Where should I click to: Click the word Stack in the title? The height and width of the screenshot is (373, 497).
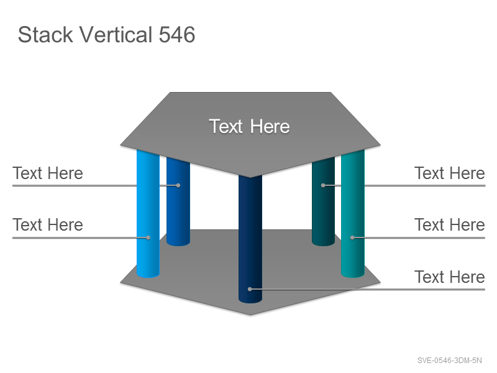click(45, 35)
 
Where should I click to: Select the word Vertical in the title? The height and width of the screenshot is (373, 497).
click(116, 35)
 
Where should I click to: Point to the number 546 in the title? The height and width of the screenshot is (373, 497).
click(177, 35)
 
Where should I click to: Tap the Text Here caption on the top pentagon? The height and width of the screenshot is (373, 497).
click(250, 126)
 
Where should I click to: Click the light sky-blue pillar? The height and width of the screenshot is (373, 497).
click(148, 213)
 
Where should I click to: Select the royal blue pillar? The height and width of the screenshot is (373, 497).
click(178, 201)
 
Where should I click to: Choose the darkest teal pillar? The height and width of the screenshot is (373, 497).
click(323, 201)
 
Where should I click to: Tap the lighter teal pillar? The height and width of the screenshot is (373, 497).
click(353, 213)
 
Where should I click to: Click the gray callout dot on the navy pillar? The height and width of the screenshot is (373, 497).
click(250, 289)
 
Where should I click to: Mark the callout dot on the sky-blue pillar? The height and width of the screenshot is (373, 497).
click(148, 237)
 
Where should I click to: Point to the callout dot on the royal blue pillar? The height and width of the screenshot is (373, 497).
click(178, 185)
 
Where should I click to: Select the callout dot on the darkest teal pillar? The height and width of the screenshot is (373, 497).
click(323, 185)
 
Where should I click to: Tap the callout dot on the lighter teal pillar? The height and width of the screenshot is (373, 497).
click(352, 237)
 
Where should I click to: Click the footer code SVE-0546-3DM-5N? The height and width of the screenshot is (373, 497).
click(449, 361)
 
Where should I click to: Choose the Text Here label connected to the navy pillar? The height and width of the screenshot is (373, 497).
click(449, 277)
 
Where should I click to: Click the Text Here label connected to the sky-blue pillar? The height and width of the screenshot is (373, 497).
click(48, 225)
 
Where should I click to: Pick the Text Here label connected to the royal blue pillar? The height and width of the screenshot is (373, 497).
click(48, 173)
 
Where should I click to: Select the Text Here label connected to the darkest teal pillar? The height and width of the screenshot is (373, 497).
click(449, 173)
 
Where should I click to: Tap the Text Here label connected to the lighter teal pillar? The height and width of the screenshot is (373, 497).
click(449, 225)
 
